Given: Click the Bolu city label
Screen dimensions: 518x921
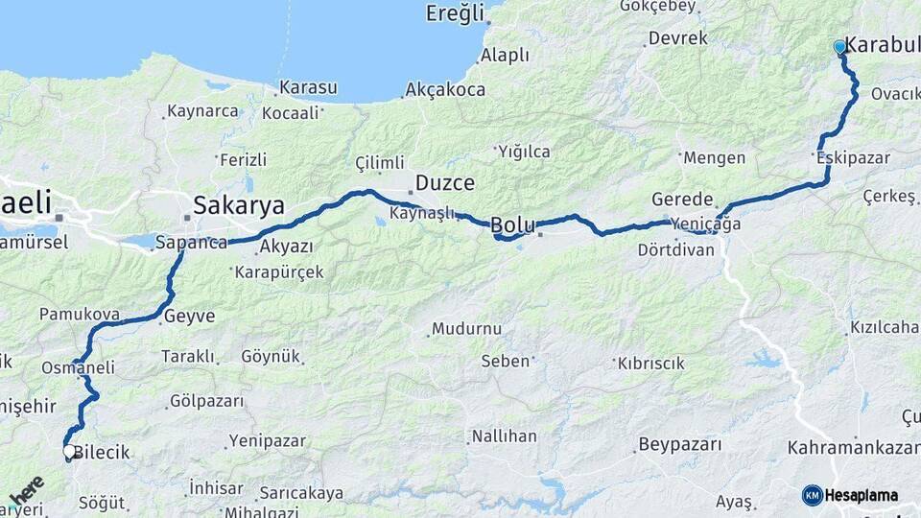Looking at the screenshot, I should [x=512, y=225].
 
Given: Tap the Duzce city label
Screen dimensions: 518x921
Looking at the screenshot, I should [x=444, y=182].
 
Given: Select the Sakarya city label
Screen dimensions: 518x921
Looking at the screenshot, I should [x=239, y=205].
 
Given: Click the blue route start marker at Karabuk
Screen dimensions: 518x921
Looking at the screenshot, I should [x=839, y=46].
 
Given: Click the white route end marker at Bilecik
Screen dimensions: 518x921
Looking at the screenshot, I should [x=69, y=450].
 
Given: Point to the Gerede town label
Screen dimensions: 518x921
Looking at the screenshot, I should [x=682, y=200].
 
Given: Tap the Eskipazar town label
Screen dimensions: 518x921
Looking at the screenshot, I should [x=854, y=157].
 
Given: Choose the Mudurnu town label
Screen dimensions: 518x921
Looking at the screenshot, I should [x=466, y=328].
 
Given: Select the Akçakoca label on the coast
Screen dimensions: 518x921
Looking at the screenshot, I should [x=445, y=89].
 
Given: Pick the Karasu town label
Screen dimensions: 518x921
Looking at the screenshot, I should [x=307, y=87].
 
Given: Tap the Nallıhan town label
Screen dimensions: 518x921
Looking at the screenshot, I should [x=504, y=436].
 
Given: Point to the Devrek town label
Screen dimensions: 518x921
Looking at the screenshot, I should [x=677, y=38].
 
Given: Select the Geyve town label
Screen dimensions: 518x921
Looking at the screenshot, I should [x=189, y=316].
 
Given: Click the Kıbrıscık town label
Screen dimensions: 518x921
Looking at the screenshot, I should [x=651, y=364].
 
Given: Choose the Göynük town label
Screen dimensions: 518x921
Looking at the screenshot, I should [x=271, y=356].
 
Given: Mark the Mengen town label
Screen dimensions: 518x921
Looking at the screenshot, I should [x=714, y=157].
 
